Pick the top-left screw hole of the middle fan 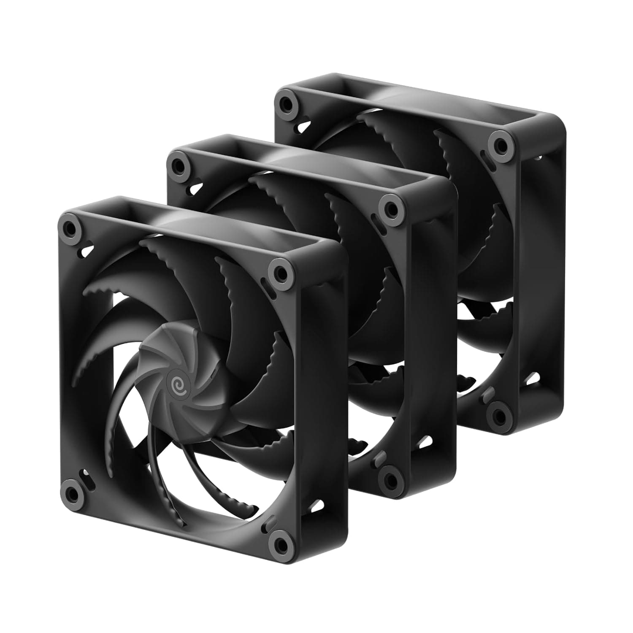(178, 163)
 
